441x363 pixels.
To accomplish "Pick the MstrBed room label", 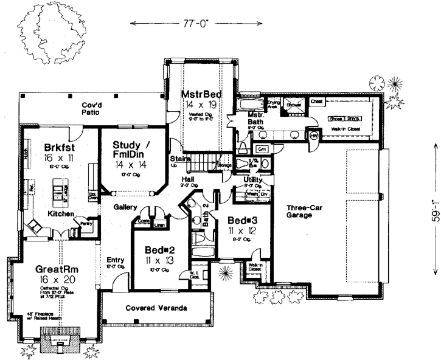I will [201, 95].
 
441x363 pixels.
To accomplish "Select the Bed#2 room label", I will [160, 250].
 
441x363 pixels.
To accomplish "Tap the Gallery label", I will [124, 207].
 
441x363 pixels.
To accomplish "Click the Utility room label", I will [252, 180].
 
